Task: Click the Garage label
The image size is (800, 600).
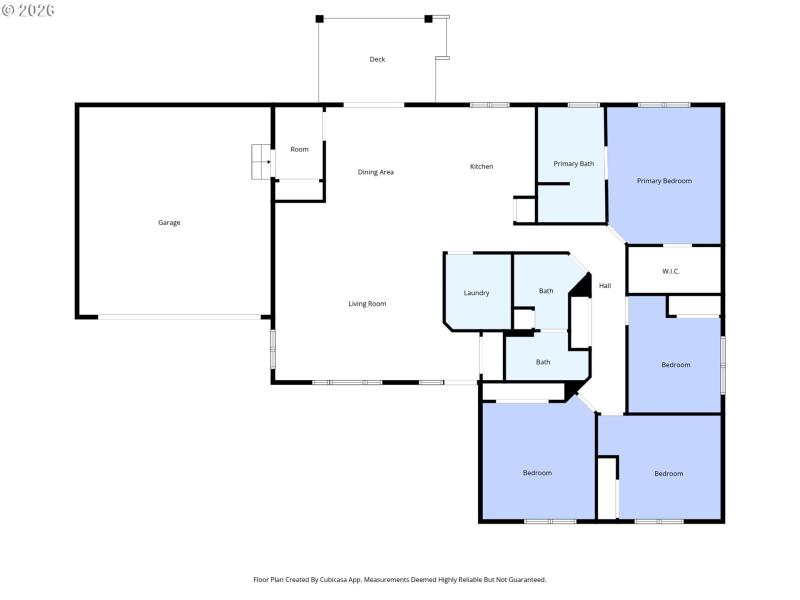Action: [x=169, y=222]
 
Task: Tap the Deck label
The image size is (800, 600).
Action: [x=377, y=60]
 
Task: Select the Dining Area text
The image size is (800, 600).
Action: [x=376, y=172]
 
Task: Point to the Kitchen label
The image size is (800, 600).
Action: [x=481, y=166]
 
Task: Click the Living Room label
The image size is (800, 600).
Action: [x=367, y=304]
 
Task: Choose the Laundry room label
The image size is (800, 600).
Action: [x=476, y=293]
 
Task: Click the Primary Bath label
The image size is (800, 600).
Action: [x=574, y=163]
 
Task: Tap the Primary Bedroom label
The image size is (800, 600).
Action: [x=665, y=181]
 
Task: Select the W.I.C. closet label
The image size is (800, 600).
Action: [x=671, y=271]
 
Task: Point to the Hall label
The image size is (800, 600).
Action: [x=605, y=286]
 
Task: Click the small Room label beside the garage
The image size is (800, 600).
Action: [x=299, y=149]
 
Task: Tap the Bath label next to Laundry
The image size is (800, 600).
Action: [x=546, y=291]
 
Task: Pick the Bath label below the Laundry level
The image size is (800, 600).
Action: [x=543, y=362]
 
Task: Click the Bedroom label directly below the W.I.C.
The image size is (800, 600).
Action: [x=676, y=365]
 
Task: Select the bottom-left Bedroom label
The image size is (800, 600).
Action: [x=537, y=473]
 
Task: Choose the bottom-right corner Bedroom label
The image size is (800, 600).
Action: [x=669, y=474]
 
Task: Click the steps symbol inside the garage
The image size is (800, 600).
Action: [x=261, y=160]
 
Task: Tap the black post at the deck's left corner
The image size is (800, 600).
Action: [x=320, y=18]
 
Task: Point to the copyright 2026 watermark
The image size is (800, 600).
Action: [x=28, y=10]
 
